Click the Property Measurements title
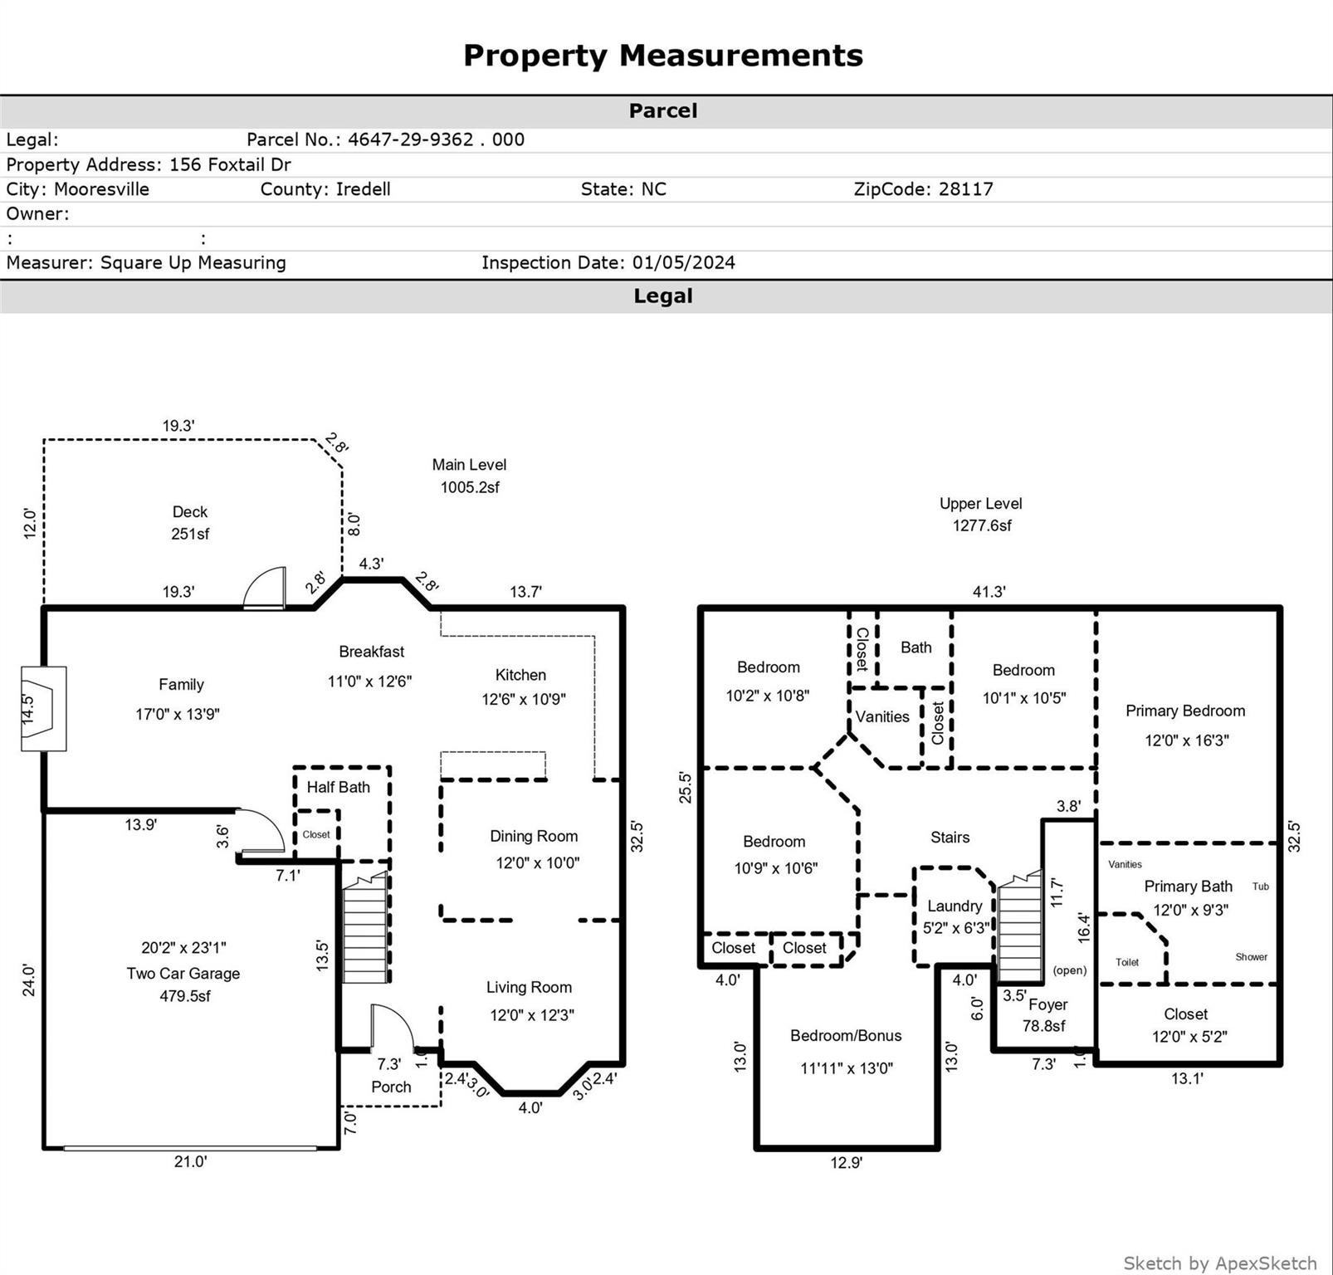pos(662,56)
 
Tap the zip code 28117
pos(965,189)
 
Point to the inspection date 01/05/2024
pos(683,263)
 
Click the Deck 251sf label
pos(190,523)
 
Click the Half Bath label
pos(338,787)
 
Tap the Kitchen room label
pos(520,675)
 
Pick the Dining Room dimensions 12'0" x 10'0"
pos(537,863)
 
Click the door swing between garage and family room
pos(262,831)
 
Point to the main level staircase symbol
pos(365,930)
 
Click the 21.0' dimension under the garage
pos(190,1162)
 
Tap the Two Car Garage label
pos(183,974)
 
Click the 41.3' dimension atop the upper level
pos(989,592)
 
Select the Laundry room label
pos(955,906)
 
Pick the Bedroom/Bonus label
pos(845,1036)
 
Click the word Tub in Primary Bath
pos(1260,887)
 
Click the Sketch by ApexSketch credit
pos(1219,1263)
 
